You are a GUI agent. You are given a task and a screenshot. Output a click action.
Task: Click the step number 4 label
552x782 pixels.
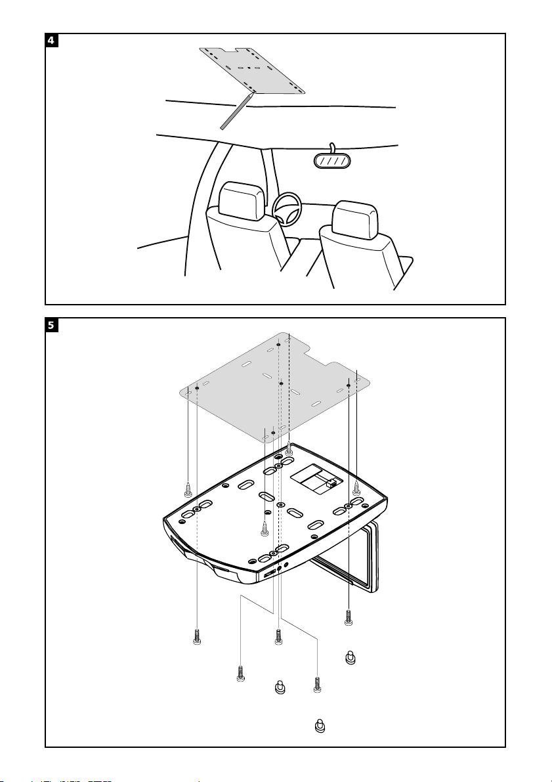(x=51, y=40)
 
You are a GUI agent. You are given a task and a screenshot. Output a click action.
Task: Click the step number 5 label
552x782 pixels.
(x=51, y=325)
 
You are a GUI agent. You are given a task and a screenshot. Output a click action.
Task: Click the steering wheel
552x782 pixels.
(x=287, y=208)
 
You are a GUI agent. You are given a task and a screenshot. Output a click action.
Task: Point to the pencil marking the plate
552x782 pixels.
(x=236, y=110)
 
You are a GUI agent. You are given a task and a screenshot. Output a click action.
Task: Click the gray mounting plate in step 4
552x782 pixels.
(x=252, y=70)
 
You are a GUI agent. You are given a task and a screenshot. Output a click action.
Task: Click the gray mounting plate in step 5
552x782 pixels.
(x=275, y=387)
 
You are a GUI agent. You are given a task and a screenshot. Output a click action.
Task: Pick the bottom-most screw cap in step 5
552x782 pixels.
(x=320, y=726)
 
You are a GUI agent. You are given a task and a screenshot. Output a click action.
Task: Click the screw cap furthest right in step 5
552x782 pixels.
(x=350, y=658)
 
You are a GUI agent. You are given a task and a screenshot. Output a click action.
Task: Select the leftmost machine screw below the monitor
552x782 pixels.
(x=198, y=636)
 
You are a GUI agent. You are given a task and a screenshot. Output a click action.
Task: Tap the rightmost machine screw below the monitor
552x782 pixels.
(x=348, y=617)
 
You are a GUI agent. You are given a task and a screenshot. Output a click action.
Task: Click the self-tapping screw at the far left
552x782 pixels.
(x=188, y=489)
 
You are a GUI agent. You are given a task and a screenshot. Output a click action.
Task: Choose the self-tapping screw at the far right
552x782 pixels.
(x=356, y=488)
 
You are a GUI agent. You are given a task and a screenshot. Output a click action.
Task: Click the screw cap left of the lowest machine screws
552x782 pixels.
(x=280, y=687)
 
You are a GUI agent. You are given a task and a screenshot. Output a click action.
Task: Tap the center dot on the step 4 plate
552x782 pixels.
(x=249, y=68)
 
